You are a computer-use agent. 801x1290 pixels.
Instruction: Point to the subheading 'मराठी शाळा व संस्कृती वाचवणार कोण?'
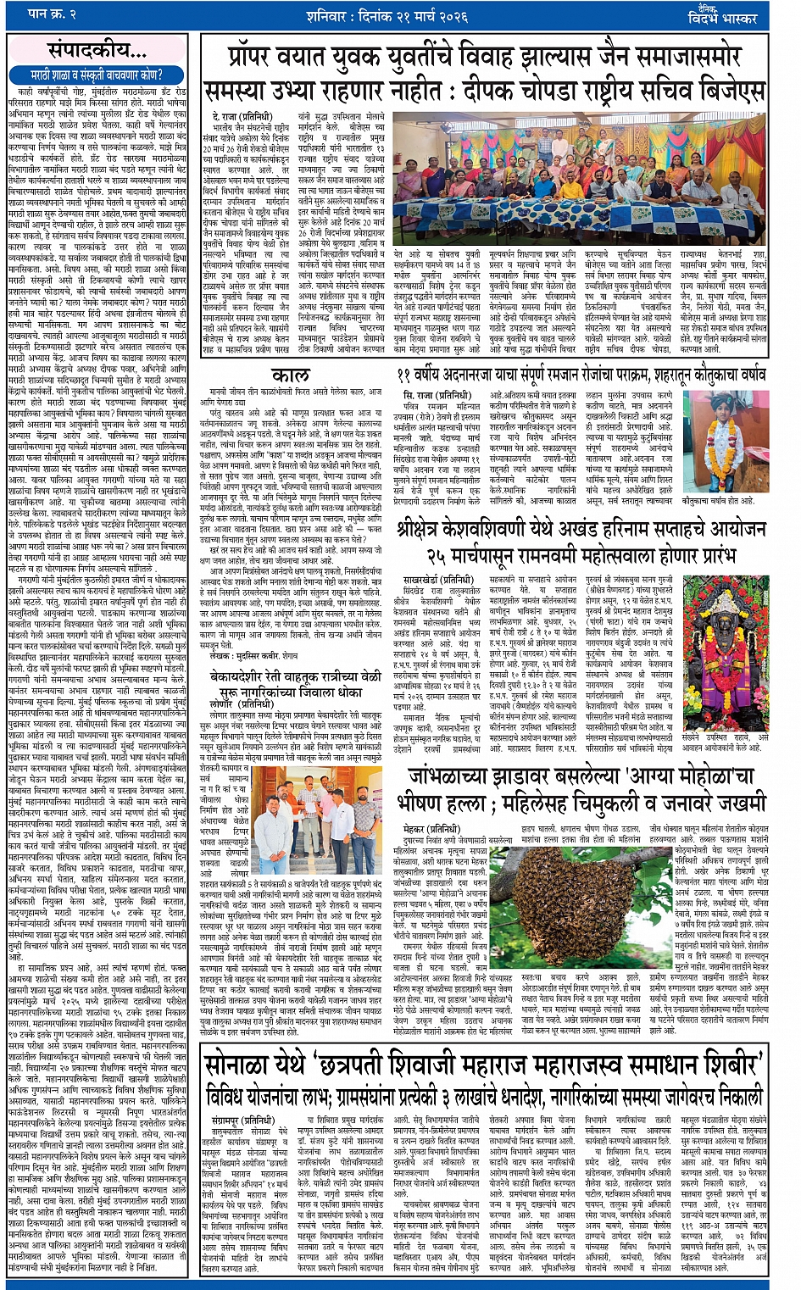click(97, 75)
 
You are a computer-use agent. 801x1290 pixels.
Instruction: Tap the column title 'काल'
click(291, 375)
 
